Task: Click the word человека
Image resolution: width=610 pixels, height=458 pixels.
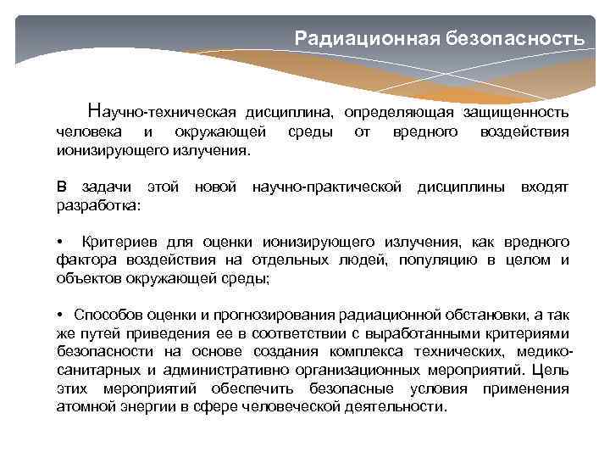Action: pos(89,131)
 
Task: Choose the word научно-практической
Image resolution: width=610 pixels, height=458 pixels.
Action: pos(328,186)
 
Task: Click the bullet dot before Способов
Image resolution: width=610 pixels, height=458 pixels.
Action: pos(60,316)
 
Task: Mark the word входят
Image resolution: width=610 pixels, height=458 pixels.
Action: pos(545,186)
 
